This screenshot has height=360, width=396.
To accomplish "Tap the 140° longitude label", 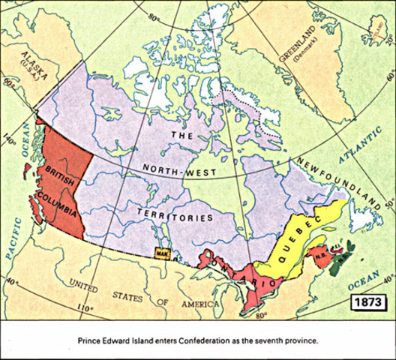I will [x=10, y=139].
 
